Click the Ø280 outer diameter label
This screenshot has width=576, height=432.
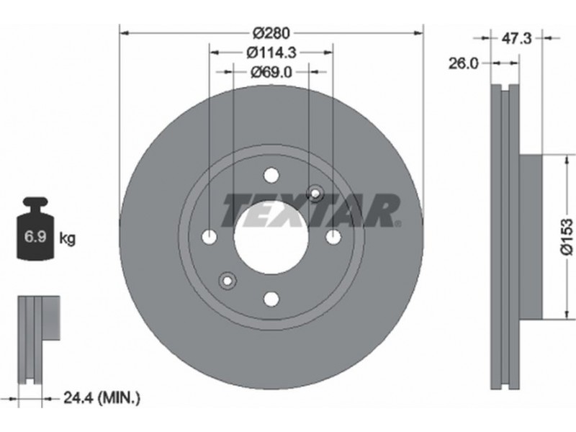271,33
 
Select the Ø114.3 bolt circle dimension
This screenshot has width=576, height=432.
271,53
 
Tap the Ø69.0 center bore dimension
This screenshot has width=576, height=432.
271,72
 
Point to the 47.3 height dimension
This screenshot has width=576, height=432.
516,38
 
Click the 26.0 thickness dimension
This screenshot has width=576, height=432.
464,63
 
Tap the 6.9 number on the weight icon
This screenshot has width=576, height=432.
35,237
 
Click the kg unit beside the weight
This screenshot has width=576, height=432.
67,239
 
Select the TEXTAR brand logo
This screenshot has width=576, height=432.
310,210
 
